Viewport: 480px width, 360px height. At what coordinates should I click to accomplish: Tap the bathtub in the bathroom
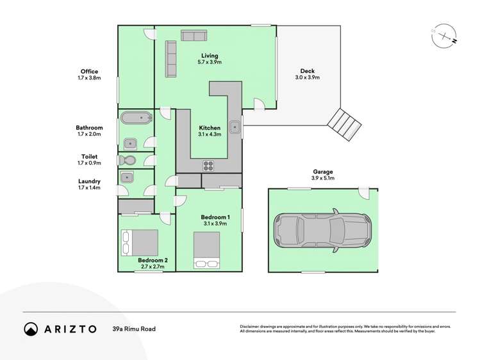click(x=136, y=118)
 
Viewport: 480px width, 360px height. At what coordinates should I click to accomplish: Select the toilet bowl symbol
click(x=126, y=160)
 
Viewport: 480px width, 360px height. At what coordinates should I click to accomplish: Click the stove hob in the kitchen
click(x=209, y=165)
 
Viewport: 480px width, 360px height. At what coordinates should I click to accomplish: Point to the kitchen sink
click(x=235, y=127)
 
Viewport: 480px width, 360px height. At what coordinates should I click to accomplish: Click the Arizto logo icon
click(x=31, y=329)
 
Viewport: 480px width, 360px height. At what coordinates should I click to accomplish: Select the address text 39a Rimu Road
click(x=133, y=329)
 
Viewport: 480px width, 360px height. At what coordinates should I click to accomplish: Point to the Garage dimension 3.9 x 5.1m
click(x=323, y=178)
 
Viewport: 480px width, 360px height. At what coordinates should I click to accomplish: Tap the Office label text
click(x=89, y=71)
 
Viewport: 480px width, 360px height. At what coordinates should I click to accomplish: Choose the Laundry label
click(x=89, y=181)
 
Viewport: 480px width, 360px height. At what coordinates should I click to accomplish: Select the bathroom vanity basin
click(x=128, y=142)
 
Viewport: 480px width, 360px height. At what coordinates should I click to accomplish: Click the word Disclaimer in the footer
click(x=252, y=326)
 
